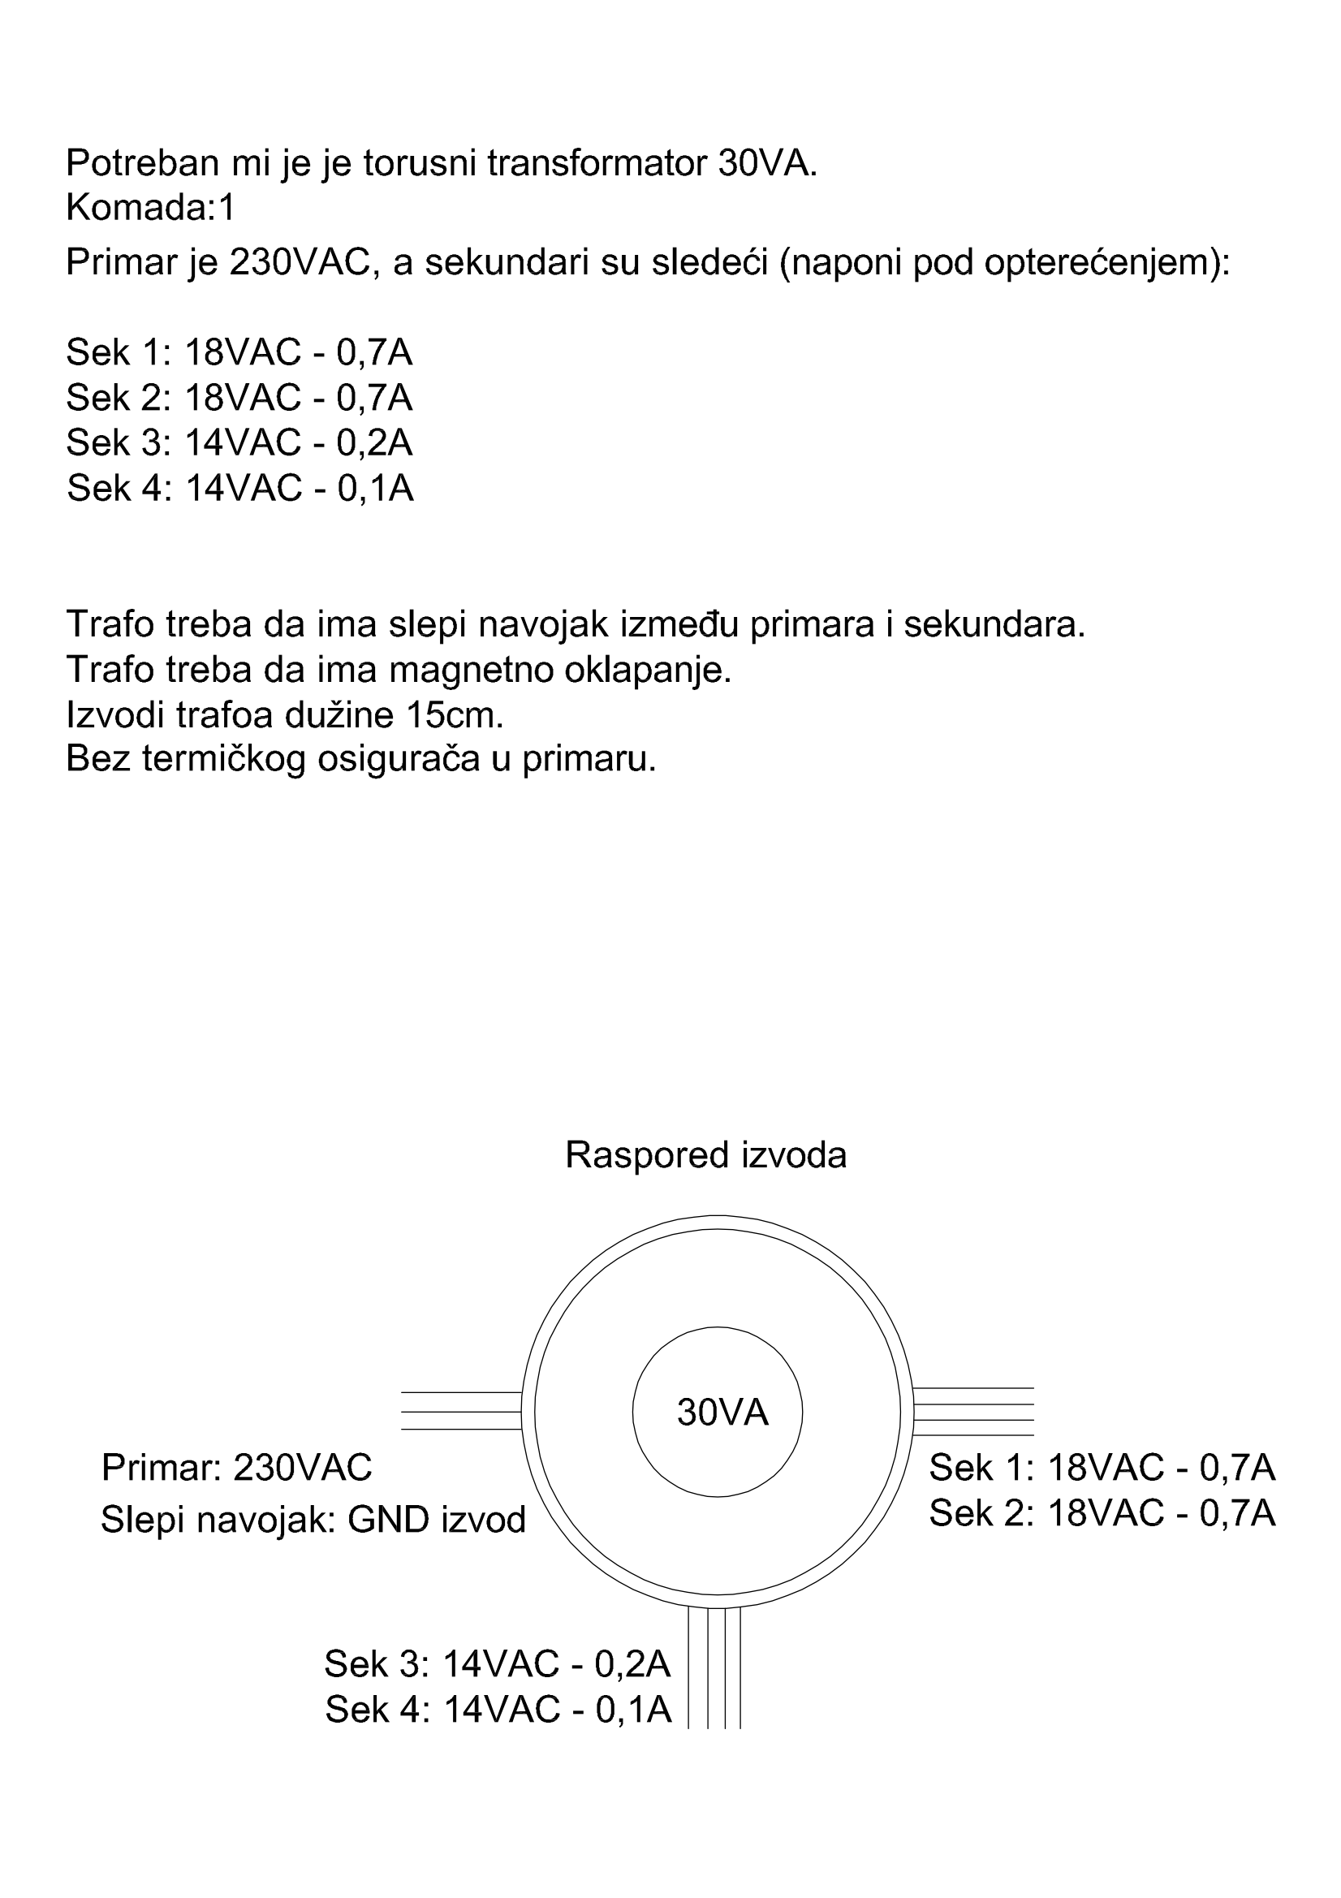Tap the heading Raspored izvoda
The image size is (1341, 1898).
coord(706,1155)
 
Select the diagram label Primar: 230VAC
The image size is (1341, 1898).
coord(236,1467)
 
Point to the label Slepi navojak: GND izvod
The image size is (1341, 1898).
coord(313,1520)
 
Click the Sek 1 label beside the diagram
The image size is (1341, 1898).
coord(1102,1467)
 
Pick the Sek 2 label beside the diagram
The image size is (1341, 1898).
coord(1102,1512)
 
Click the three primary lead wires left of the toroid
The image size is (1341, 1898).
coord(461,1411)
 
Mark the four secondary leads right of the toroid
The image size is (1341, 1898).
coord(973,1412)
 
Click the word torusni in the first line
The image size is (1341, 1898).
coord(420,164)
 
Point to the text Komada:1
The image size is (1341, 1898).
coord(150,209)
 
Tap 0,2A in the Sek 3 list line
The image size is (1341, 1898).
coord(374,443)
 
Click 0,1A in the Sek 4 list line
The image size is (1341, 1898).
coord(375,488)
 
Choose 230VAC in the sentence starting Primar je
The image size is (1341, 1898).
coord(298,263)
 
